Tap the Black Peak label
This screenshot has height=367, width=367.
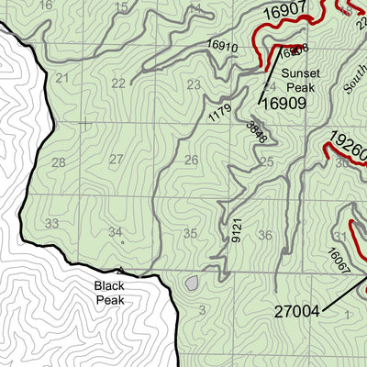point(109,293)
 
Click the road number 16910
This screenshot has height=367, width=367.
point(222,45)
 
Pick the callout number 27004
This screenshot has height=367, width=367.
point(296,311)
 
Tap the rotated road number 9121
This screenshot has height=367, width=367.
point(237,229)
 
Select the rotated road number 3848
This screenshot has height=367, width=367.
point(256,132)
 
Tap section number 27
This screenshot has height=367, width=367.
point(117,160)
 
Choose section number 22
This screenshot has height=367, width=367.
point(118,83)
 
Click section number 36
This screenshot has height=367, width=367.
point(265,236)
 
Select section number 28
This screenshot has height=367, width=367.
point(58,162)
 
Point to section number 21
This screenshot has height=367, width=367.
point(61,79)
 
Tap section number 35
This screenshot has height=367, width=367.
point(190,234)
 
